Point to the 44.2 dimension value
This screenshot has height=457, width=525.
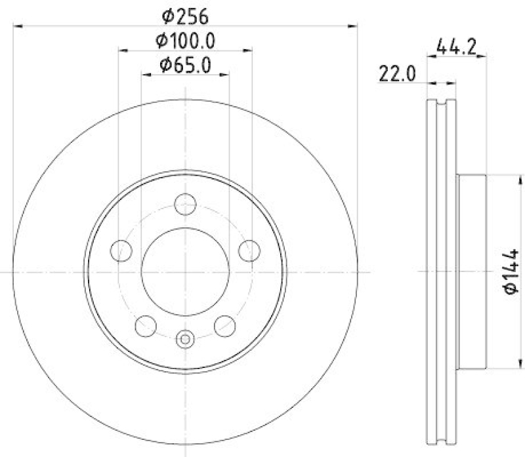455,47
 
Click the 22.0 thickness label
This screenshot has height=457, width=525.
397,74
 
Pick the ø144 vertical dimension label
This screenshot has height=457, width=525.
511,271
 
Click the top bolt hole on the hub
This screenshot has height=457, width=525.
186,207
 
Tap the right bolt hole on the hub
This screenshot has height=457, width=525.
249,249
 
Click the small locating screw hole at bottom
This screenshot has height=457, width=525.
186,339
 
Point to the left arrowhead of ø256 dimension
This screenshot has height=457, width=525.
18,26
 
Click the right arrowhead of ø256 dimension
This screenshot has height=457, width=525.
354,26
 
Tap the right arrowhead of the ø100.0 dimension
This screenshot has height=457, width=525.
248,50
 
